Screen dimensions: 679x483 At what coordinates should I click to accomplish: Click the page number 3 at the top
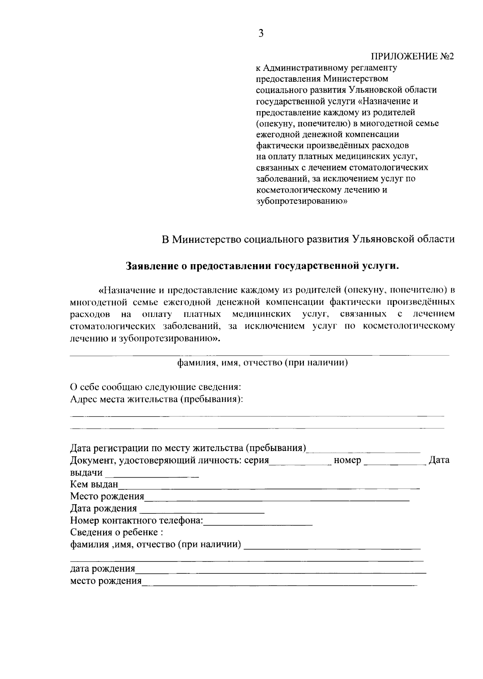click(261, 33)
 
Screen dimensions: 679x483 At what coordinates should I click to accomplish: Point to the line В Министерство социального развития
click(308, 239)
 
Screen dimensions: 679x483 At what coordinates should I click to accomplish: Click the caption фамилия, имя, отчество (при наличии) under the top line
click(262, 363)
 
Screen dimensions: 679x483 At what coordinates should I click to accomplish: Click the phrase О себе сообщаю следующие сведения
click(156, 387)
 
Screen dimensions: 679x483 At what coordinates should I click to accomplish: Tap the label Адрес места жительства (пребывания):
click(157, 399)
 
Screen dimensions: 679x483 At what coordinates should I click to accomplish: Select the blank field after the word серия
click(300, 462)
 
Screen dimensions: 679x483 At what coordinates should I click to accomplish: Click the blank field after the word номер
click(394, 462)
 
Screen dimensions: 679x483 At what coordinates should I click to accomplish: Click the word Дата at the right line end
click(439, 460)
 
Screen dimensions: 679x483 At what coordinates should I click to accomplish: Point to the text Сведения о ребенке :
click(116, 532)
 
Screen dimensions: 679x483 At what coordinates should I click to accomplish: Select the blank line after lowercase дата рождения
click(281, 571)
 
